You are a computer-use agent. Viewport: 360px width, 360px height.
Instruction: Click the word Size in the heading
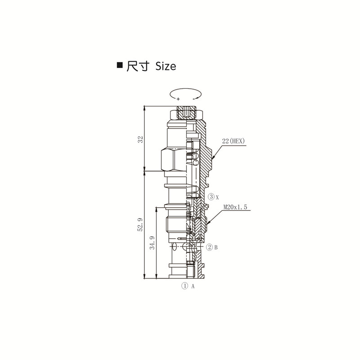(x=166, y=66)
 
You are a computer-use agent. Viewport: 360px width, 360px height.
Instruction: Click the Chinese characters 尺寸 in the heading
(x=138, y=66)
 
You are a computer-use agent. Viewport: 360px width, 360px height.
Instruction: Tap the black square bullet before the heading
(x=120, y=65)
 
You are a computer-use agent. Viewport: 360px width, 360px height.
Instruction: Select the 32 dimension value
(x=140, y=139)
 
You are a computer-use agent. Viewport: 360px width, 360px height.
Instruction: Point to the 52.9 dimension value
(x=140, y=224)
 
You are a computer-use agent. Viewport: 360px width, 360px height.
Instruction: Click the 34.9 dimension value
(x=152, y=243)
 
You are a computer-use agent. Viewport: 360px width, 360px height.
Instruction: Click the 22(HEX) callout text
(x=234, y=141)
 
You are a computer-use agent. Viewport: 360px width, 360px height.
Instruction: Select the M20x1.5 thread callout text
(x=235, y=207)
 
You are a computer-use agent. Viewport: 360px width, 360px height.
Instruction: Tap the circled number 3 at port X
(x=211, y=197)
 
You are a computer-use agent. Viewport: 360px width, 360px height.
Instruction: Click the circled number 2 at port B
(x=209, y=247)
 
